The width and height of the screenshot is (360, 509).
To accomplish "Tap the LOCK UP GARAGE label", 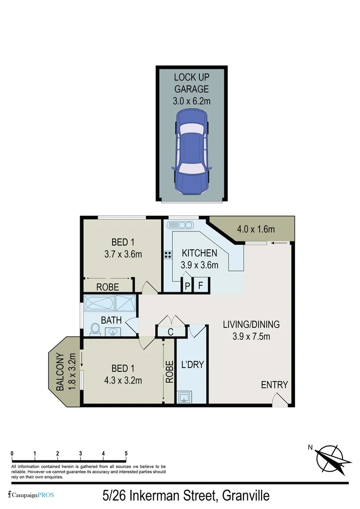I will point(191,82).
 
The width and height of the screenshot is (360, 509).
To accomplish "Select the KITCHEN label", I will point(199,254).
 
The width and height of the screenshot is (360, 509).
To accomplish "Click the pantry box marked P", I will point(187,285).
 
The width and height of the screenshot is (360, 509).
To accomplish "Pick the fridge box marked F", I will point(200,285).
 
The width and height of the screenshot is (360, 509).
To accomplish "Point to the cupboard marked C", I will point(171,331).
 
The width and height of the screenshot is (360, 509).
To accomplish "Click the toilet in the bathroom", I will point(95,328).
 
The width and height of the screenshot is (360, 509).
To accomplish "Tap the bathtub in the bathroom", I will point(99,302).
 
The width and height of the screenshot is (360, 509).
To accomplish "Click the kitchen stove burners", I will point(167,254).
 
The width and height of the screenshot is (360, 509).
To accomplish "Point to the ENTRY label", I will point(274,385).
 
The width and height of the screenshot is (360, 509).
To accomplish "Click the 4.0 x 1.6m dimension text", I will point(255,230).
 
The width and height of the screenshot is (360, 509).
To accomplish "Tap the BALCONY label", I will point(60,372).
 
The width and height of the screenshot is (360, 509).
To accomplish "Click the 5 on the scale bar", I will point(126,453).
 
